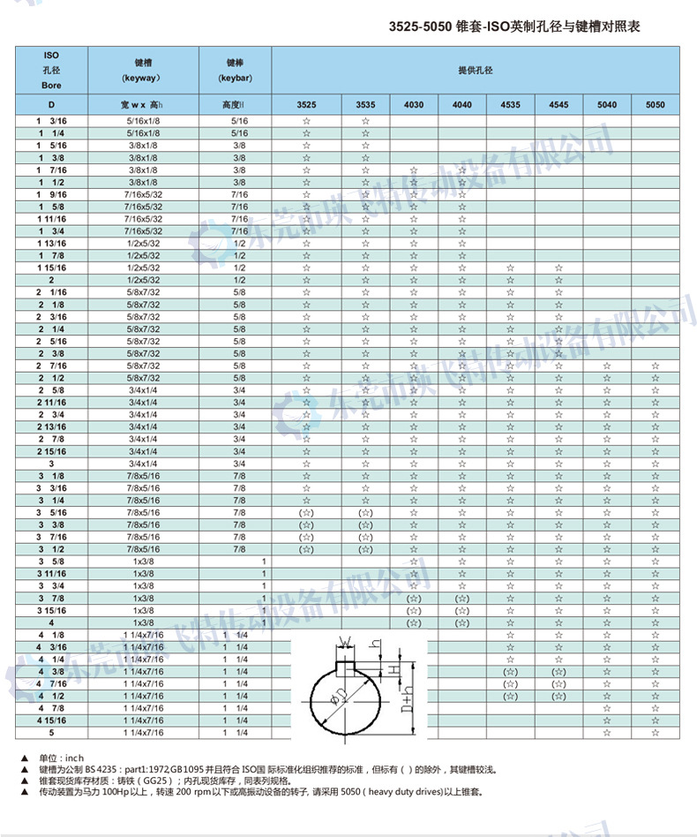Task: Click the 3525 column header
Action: pos(306,105)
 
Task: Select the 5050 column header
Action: pos(655,105)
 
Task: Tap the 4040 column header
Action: pos(462,105)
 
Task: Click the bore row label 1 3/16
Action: pos(51,120)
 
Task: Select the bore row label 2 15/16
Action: pos(51,451)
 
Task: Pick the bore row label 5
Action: pos(51,733)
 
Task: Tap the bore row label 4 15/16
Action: pos(51,720)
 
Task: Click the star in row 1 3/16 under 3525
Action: pos(306,120)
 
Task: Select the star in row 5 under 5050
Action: pos(655,733)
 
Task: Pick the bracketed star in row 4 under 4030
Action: pos(414,622)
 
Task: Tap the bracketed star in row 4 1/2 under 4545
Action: pos(558,696)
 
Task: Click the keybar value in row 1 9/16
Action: pos(239,193)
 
